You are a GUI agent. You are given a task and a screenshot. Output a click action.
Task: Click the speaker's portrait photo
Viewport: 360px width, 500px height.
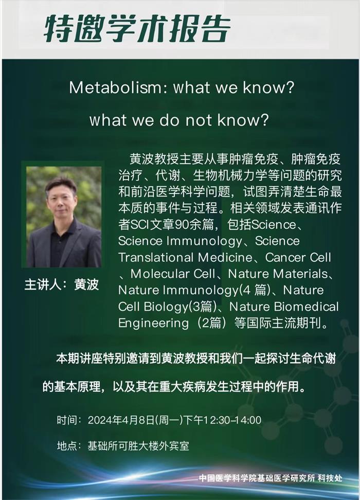click(x=64, y=217)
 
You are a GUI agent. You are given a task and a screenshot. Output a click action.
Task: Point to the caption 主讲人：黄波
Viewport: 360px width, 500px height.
click(x=62, y=284)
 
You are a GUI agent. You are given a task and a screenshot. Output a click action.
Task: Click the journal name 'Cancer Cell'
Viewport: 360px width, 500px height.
click(x=298, y=257)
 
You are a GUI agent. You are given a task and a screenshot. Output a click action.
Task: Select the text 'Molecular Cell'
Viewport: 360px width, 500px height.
click(x=172, y=274)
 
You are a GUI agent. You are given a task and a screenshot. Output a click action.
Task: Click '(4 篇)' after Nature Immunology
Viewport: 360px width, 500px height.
click(x=255, y=290)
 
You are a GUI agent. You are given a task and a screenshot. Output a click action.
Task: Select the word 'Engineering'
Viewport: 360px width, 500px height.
click(x=153, y=323)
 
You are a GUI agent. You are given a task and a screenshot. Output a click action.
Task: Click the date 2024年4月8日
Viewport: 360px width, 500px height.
click(x=121, y=420)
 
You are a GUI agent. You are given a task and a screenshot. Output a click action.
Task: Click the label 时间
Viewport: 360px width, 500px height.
click(x=67, y=420)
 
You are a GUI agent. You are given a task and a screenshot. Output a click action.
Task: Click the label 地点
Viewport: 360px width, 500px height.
click(x=67, y=445)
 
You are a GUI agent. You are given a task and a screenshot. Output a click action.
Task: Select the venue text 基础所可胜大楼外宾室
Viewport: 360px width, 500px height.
click(x=138, y=445)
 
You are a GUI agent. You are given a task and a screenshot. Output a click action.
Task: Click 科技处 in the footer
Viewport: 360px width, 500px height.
click(x=330, y=478)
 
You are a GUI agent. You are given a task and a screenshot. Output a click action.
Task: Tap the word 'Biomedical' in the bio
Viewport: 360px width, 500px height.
click(x=306, y=307)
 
